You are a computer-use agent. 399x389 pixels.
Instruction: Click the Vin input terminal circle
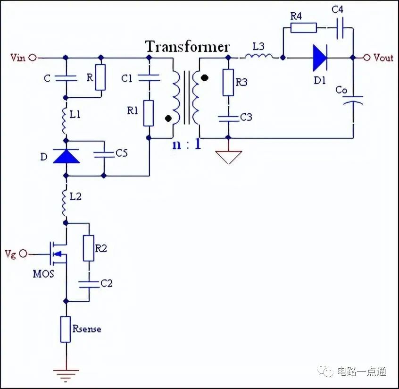(33, 58)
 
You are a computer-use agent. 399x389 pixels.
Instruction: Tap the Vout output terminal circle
(366, 58)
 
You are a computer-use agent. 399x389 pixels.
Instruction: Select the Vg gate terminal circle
(23, 254)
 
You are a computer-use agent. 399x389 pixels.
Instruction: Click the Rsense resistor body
(66, 330)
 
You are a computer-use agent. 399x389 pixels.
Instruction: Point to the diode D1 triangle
(320, 58)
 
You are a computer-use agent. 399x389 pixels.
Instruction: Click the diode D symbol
(66, 156)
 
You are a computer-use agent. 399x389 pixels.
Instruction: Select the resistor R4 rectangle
(304, 27)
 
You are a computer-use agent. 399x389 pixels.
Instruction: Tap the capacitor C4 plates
(340, 28)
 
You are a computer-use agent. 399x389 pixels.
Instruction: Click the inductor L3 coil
(259, 56)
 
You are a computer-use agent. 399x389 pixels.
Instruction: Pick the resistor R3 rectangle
(228, 82)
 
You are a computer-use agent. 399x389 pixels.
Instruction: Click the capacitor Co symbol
(353, 101)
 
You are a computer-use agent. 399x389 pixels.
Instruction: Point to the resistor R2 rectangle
(89, 248)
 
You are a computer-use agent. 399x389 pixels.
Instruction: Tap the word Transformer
(188, 47)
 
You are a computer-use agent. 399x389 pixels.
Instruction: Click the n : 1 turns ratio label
(187, 144)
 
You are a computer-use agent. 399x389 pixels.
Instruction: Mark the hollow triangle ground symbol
(229, 157)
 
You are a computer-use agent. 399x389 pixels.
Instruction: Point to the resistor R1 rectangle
(149, 113)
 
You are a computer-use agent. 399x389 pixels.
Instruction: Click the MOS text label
(43, 274)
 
